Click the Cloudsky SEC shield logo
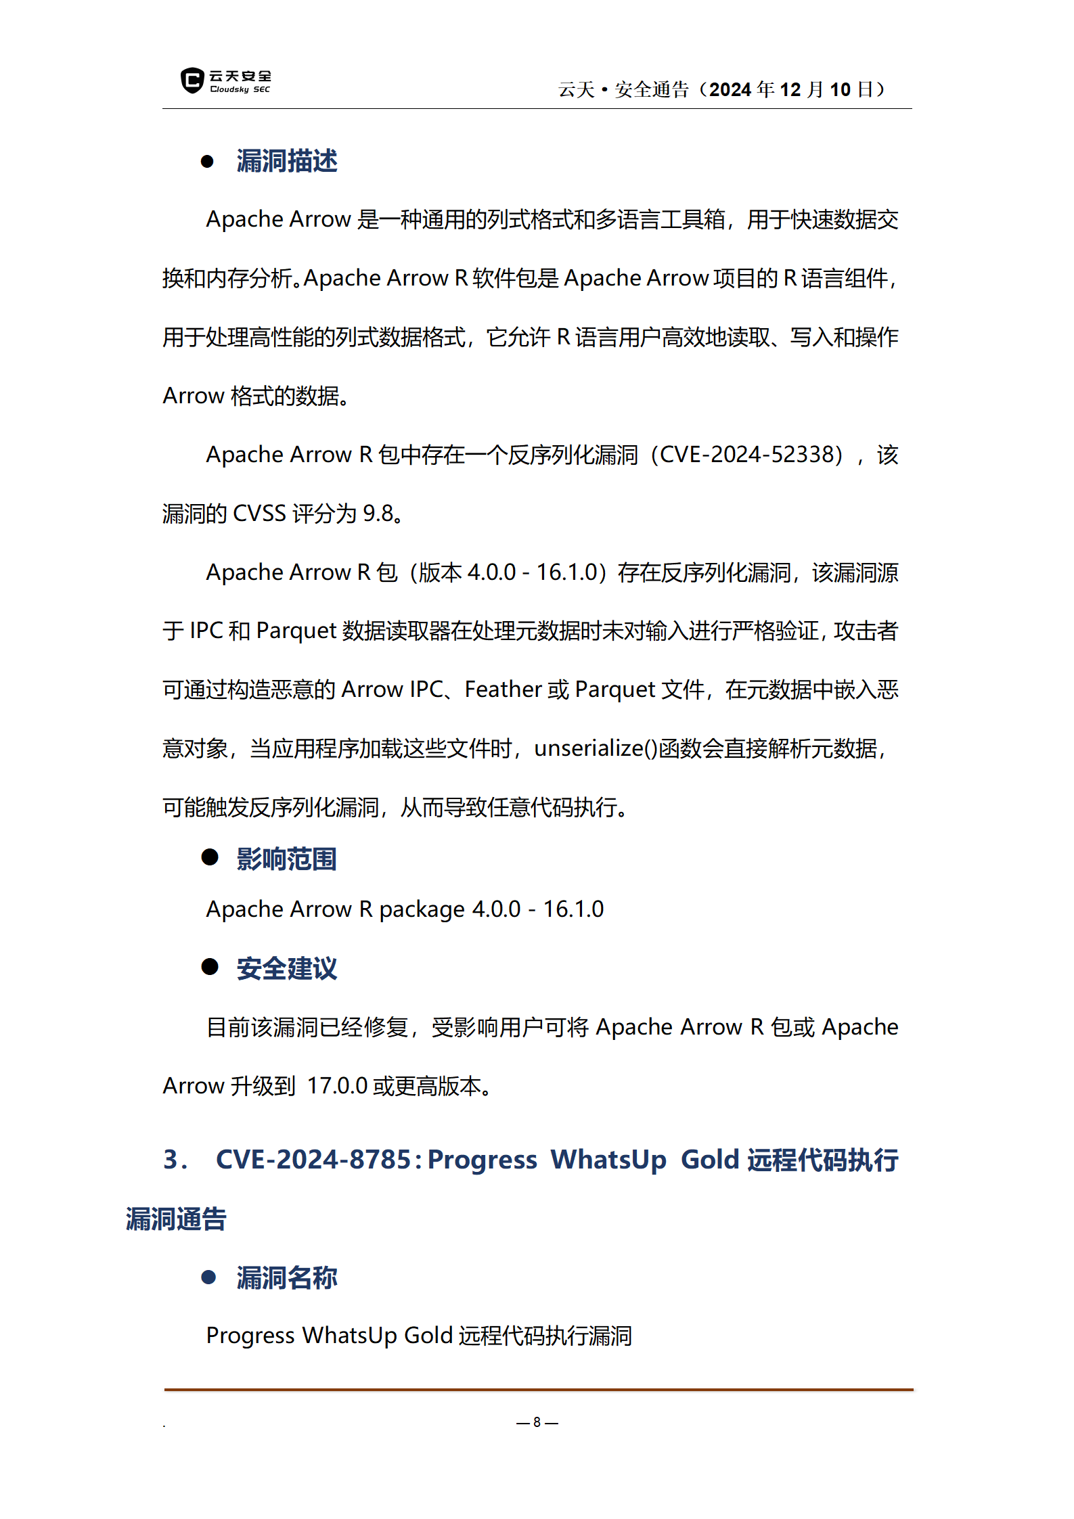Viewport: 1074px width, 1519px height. coord(192,81)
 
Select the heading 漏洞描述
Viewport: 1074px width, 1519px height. coord(287,161)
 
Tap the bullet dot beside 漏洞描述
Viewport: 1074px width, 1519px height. coord(208,162)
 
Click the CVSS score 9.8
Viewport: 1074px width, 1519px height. coord(378,514)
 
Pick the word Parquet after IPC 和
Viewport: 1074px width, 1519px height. coord(296,631)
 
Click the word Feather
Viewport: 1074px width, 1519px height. coord(503,689)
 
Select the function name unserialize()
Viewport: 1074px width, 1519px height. coord(596,748)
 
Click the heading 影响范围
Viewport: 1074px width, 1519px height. coord(287,859)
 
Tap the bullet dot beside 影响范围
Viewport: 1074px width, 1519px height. coord(210,857)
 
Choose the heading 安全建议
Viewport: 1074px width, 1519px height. coord(287,968)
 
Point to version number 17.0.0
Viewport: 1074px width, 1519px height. coord(337,1086)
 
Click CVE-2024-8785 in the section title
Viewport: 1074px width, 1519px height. coord(313,1160)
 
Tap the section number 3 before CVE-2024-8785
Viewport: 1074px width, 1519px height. coord(171,1160)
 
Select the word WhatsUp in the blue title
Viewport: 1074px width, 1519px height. coord(608,1160)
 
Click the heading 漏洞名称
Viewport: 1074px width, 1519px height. coord(287,1277)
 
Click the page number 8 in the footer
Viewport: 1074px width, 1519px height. coord(537,1422)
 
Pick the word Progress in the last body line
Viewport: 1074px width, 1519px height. coord(250,1336)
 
